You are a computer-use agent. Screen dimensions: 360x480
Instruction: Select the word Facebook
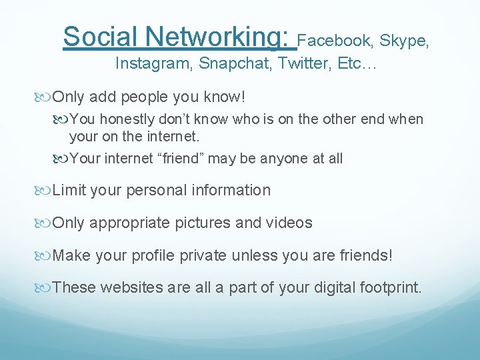[x=335, y=41]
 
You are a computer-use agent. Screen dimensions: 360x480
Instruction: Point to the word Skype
[x=404, y=41]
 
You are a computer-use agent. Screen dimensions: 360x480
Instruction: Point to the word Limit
[x=69, y=191]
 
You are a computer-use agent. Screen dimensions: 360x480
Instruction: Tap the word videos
[x=290, y=223]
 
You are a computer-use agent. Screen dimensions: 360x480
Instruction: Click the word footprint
[x=388, y=288]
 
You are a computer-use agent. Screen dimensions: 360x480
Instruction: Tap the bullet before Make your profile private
[x=45, y=255]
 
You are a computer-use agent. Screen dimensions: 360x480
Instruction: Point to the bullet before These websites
[x=45, y=288]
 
